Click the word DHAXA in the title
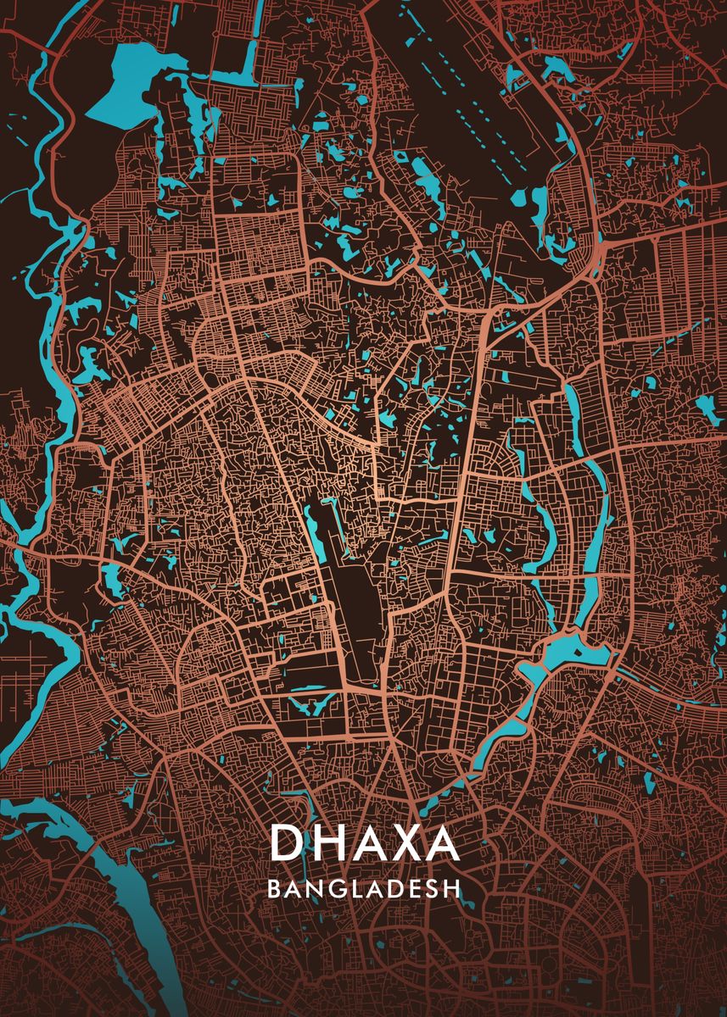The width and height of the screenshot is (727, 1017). pyautogui.click(x=364, y=843)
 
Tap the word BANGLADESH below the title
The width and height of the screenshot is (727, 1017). pyautogui.click(x=364, y=889)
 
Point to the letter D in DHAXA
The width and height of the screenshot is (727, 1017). pyautogui.click(x=286, y=843)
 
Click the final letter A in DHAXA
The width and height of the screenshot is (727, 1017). pyautogui.click(x=441, y=843)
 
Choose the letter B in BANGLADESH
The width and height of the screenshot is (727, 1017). pyautogui.click(x=274, y=889)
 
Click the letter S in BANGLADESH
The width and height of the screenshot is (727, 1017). pyautogui.click(x=433, y=889)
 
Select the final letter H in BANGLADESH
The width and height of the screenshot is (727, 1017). pyautogui.click(x=453, y=889)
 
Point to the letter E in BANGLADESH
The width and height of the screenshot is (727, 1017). pyautogui.click(x=415, y=889)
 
